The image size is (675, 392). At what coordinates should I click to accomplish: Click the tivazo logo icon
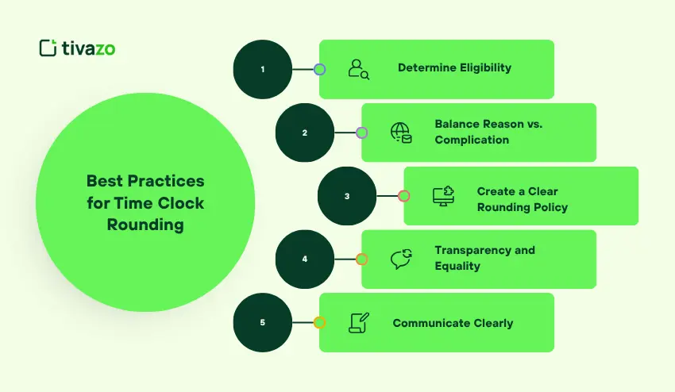[x=48, y=48]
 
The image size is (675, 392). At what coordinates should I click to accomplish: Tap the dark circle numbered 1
[x=263, y=69]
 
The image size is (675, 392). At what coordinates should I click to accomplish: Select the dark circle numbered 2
[x=305, y=133]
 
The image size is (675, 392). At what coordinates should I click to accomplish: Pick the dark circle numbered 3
[x=347, y=196]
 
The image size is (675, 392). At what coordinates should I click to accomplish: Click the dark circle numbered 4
[x=305, y=259]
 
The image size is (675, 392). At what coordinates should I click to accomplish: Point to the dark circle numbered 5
[x=263, y=323]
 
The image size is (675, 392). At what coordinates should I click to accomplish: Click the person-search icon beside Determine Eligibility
[x=359, y=69]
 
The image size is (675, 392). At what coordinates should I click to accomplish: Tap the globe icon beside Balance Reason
[x=401, y=133]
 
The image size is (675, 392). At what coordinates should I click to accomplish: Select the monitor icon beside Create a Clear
[x=443, y=196]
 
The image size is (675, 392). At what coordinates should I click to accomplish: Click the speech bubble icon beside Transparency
[x=401, y=259]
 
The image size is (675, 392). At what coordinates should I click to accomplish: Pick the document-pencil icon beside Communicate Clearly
[x=359, y=323]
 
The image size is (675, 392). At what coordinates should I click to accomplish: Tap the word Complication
[x=472, y=140]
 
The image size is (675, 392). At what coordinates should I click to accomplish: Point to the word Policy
[x=550, y=208]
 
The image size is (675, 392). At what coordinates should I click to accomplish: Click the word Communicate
[x=429, y=324]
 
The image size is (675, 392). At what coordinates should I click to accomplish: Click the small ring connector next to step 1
[x=319, y=69]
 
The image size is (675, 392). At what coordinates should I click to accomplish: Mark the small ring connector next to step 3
[x=403, y=196]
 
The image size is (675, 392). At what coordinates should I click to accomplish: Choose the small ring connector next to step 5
[x=319, y=323]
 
